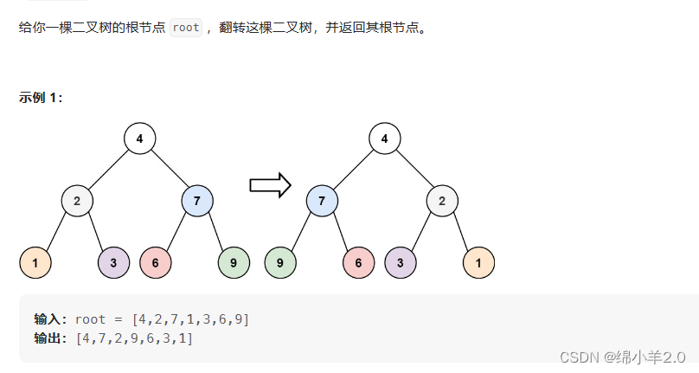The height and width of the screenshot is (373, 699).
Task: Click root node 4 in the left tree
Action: pos(139,138)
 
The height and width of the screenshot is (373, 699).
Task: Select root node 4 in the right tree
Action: pos(384,138)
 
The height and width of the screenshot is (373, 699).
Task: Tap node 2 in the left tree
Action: pos(77,202)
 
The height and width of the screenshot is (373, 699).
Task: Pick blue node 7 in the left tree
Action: pos(197,202)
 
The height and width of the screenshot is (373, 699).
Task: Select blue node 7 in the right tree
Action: pos(322,202)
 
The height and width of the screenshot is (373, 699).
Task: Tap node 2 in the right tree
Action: pos(442,202)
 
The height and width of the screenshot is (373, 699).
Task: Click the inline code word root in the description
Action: pos(186,28)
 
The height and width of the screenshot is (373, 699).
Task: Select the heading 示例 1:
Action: pos(41,98)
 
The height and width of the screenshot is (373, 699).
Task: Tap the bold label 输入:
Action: pos(50,319)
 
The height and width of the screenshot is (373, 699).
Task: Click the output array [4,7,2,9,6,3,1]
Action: pos(135,338)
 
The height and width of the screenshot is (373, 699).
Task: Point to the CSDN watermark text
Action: pos(622,357)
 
